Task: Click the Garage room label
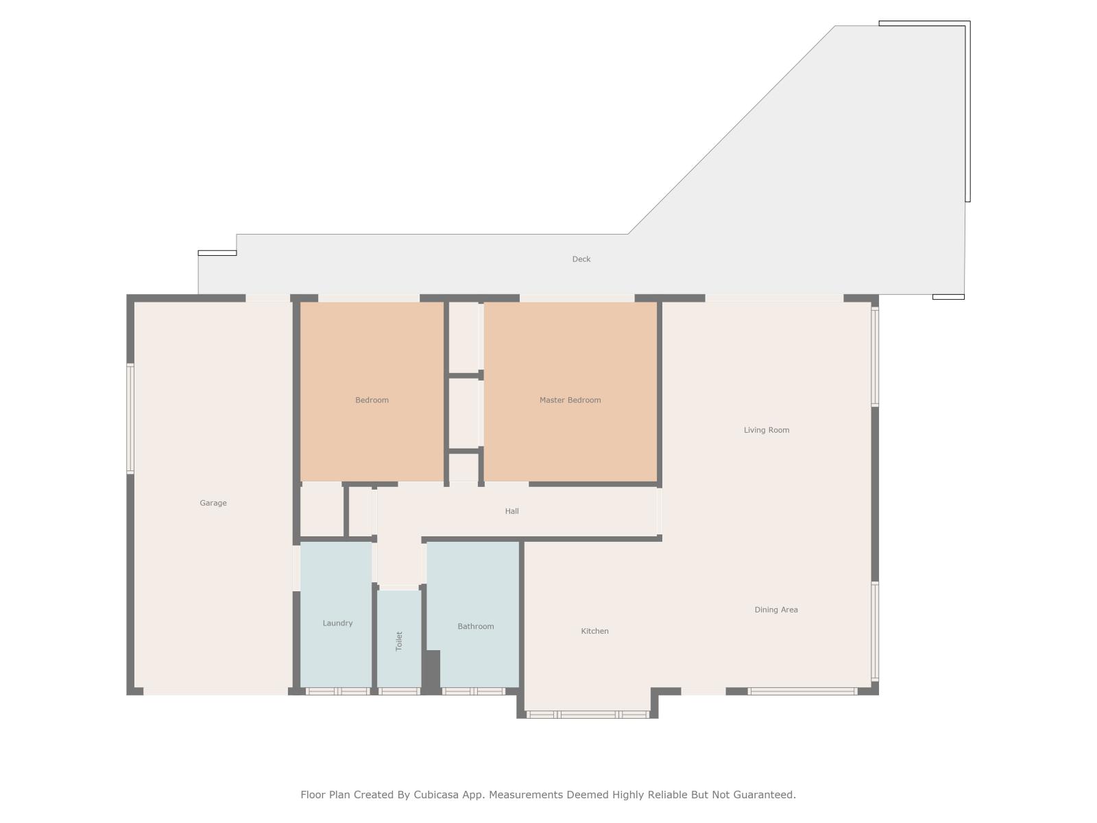pyautogui.click(x=213, y=503)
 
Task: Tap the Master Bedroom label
pyautogui.click(x=570, y=400)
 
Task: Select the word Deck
pyautogui.click(x=581, y=259)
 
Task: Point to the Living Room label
pyautogui.click(x=766, y=430)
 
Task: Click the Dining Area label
pyautogui.click(x=775, y=610)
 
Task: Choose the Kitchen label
pyautogui.click(x=594, y=631)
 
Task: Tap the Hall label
pyautogui.click(x=511, y=511)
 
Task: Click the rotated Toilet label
pyautogui.click(x=399, y=641)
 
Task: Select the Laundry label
pyautogui.click(x=337, y=623)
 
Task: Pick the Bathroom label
pyautogui.click(x=475, y=626)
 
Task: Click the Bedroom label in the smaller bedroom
pyautogui.click(x=372, y=400)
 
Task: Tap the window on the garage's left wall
pyautogui.click(x=130, y=419)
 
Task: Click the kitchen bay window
pyautogui.click(x=588, y=715)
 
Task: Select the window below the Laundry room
pyautogui.click(x=337, y=691)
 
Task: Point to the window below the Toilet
pyautogui.click(x=399, y=691)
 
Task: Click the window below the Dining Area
pyautogui.click(x=803, y=691)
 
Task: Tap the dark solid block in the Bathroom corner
pyautogui.click(x=431, y=670)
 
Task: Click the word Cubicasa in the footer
pyautogui.click(x=436, y=794)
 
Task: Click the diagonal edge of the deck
pyautogui.click(x=731, y=130)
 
